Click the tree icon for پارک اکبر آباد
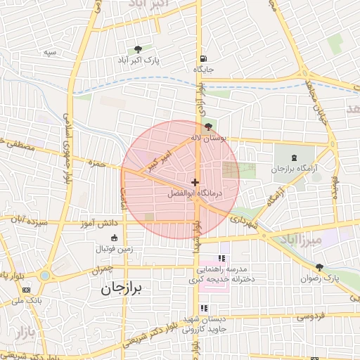(x=138, y=49)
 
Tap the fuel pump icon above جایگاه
(x=203, y=58)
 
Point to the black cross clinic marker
(x=195, y=182)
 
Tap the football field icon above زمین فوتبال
(x=114, y=237)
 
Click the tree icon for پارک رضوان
(x=321, y=267)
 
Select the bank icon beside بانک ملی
(x=27, y=290)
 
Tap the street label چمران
(x=101, y=270)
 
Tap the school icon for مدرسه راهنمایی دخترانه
(x=223, y=259)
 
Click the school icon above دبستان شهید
(x=204, y=308)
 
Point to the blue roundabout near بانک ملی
(x=46, y=276)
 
